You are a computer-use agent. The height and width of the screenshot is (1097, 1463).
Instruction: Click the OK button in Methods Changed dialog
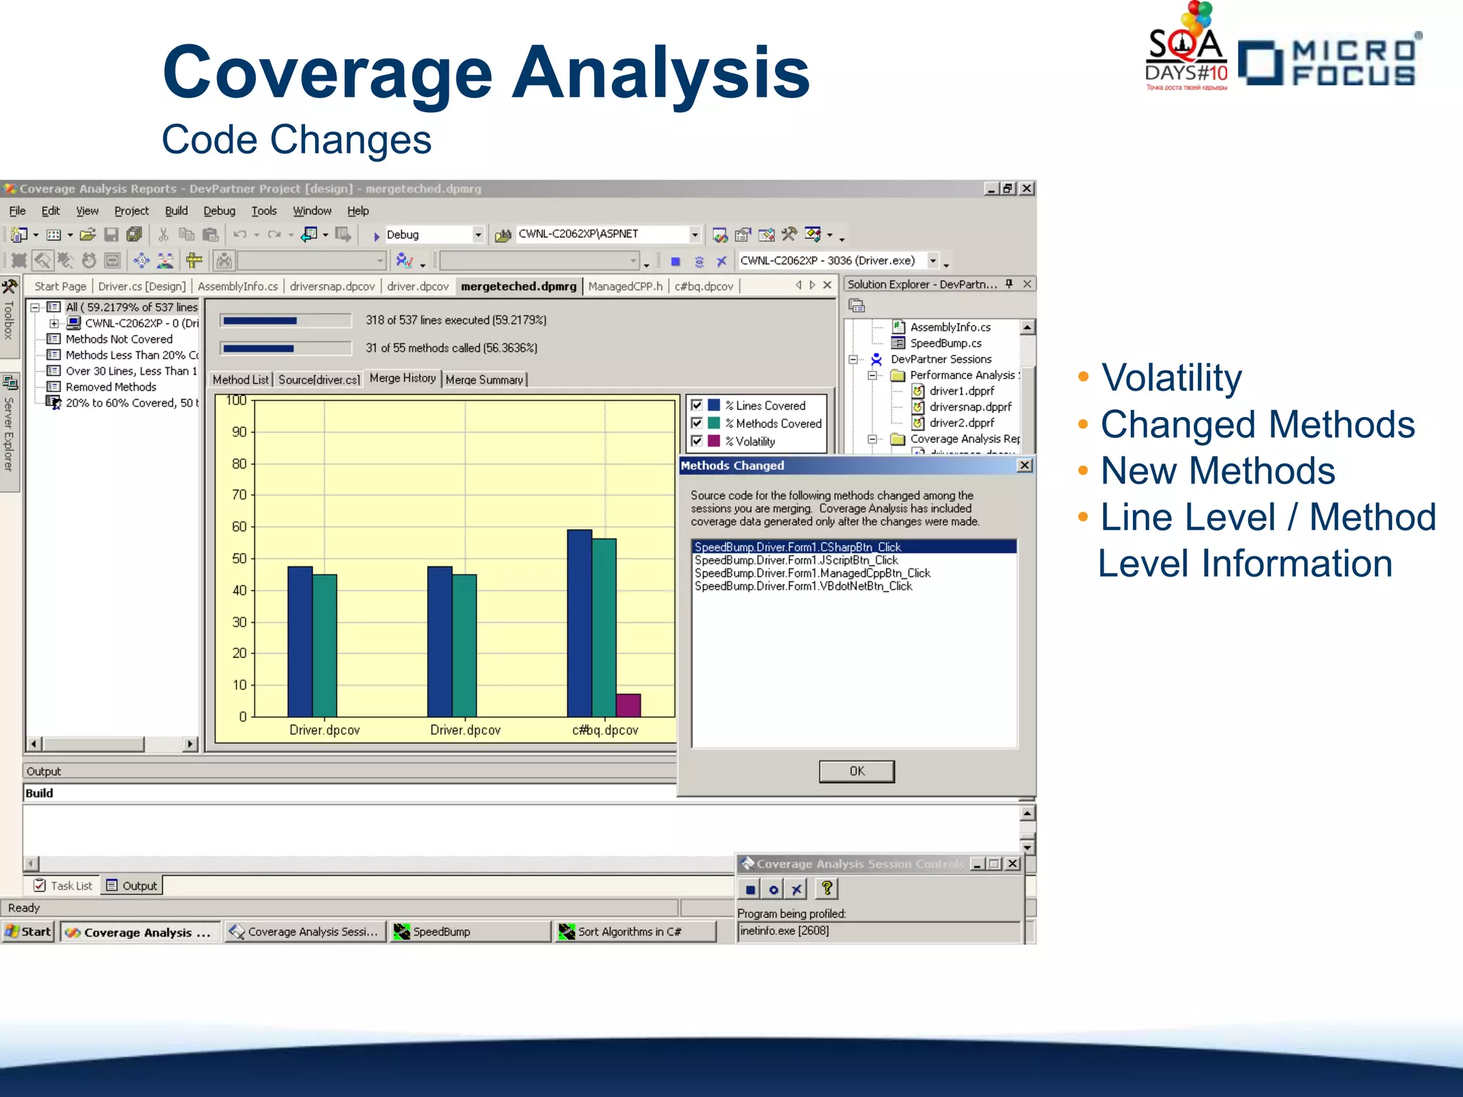[x=856, y=771]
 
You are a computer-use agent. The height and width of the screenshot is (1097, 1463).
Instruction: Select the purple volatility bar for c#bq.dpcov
[x=628, y=705]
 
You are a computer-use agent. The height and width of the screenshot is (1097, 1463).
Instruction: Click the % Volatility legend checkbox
[x=696, y=441]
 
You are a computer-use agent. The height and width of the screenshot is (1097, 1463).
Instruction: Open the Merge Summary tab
[x=484, y=380]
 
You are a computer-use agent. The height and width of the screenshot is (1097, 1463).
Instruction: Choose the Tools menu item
[x=264, y=211]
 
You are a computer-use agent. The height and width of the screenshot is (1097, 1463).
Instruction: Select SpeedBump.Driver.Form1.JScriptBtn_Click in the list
[x=796, y=561]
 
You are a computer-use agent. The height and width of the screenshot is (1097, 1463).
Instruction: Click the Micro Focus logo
[x=1329, y=63]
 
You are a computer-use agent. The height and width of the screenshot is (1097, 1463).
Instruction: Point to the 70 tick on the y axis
[x=239, y=495]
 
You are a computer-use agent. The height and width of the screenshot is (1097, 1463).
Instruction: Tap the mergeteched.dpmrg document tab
[x=518, y=286]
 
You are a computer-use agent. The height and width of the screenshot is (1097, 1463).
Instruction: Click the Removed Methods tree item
[x=111, y=387]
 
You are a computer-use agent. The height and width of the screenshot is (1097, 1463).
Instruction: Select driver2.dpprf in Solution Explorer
[x=962, y=423]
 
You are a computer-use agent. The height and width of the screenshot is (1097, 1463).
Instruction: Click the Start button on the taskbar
[x=29, y=931]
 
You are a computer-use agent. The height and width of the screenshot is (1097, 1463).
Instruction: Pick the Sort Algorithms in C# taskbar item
[x=629, y=931]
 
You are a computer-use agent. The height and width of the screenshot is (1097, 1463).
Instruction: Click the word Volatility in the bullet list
[x=1171, y=378]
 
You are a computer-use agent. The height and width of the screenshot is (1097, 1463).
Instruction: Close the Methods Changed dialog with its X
[x=1024, y=466]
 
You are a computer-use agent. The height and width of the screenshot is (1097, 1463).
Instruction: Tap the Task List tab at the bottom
[x=64, y=886]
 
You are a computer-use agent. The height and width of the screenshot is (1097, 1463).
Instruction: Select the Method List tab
[x=241, y=380]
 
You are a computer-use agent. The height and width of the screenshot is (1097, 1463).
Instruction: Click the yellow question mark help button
[x=827, y=888]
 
